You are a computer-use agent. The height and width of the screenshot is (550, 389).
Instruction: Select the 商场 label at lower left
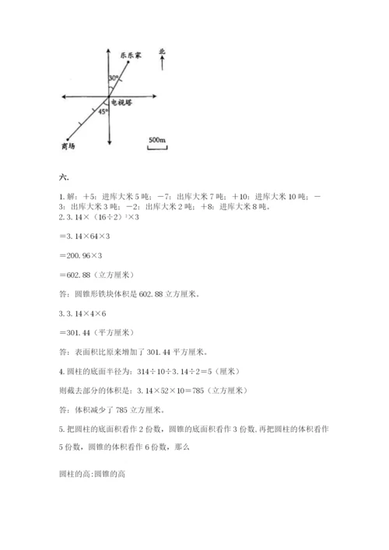[67, 147]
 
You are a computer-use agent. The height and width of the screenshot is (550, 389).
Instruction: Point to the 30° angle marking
[114, 79]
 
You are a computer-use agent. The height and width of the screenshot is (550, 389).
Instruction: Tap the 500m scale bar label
[156, 139]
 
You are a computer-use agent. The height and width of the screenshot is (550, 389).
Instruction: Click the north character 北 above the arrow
[162, 51]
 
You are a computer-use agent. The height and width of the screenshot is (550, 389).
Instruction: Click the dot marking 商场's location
[70, 138]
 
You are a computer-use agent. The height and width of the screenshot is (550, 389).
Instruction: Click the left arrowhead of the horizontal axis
[62, 96]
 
